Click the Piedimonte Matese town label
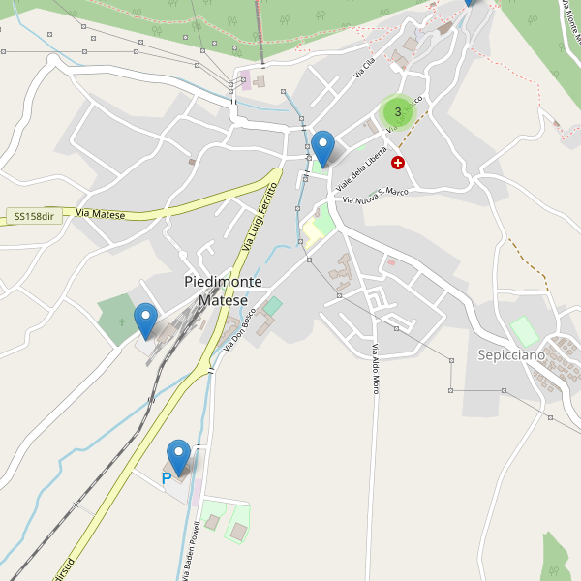coord(223,290)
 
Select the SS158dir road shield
coord(34,216)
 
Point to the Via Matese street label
coord(101,213)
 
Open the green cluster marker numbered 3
coord(398,112)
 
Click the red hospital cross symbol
coord(398,163)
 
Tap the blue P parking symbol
coord(166,478)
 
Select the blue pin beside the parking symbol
coord(179,456)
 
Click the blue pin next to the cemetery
coord(145,320)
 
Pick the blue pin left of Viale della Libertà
coord(322,147)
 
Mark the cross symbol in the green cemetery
coord(121,321)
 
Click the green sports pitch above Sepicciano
coord(524,331)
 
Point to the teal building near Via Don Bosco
coord(273,306)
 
